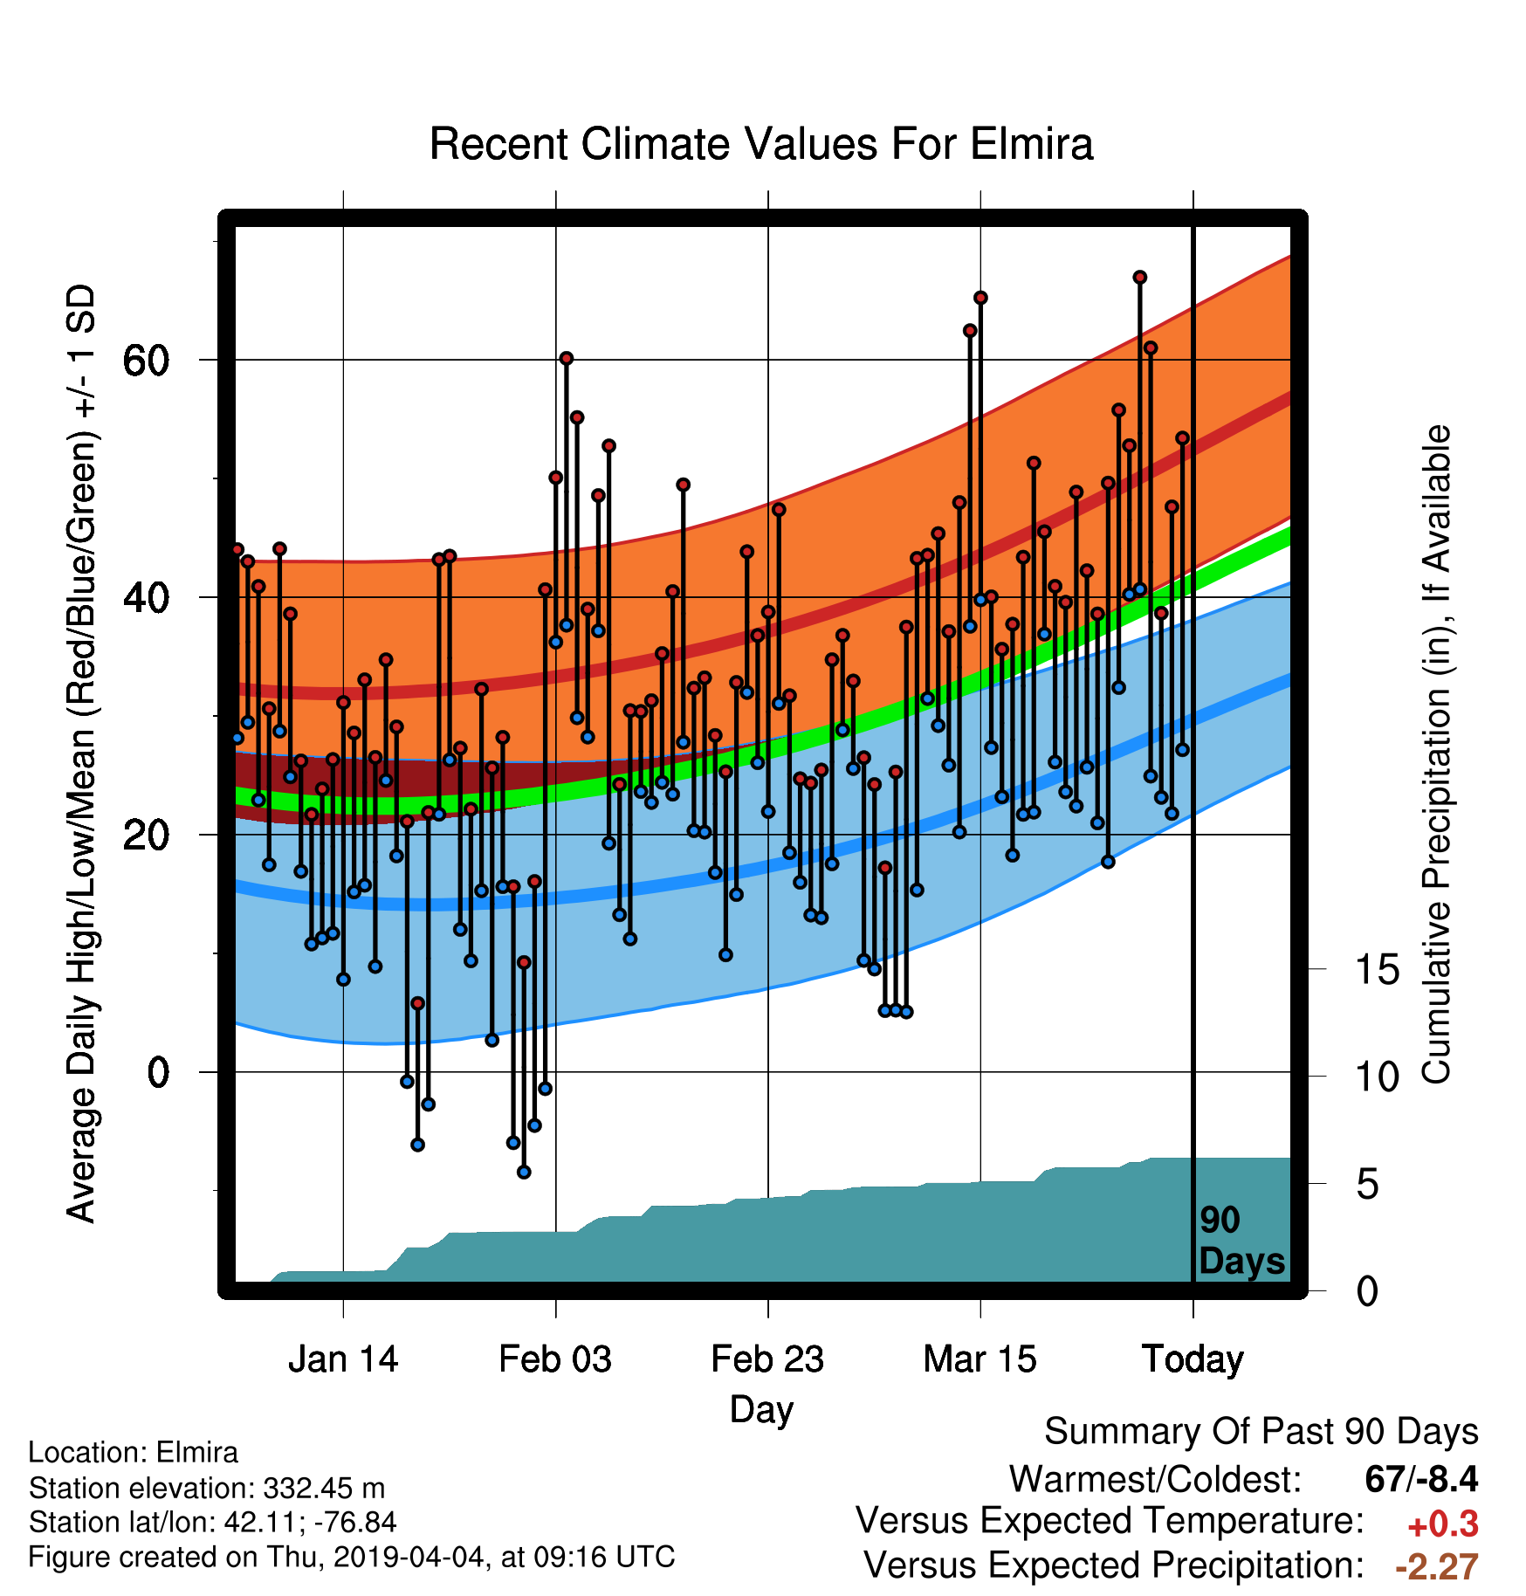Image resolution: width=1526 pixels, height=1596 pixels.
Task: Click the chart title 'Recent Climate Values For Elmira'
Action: pos(761,144)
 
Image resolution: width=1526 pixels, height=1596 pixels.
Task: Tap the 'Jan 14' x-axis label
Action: pos(343,1359)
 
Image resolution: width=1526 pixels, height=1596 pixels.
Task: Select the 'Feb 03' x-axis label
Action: pos(555,1359)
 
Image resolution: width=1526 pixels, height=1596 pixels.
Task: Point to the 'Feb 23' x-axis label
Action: pos(767,1359)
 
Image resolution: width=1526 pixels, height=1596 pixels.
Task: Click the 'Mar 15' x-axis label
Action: pos(980,1359)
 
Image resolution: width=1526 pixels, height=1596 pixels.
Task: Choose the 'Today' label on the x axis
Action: pos(1193,1360)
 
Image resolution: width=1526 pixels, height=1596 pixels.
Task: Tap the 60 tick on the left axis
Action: pos(147,360)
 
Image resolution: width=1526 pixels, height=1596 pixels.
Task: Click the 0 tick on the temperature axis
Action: pos(158,1072)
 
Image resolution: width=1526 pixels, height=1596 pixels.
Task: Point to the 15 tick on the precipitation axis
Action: pos(1378,969)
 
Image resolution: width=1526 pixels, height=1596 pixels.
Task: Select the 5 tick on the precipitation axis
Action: pos(1367,1185)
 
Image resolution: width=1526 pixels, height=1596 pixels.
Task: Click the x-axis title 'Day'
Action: pos(762,1410)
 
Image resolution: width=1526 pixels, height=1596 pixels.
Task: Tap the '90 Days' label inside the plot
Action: pos(1241,1241)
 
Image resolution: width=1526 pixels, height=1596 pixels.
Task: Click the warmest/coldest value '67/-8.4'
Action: pos(1421,1479)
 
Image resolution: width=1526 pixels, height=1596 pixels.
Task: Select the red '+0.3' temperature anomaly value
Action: pos(1443,1524)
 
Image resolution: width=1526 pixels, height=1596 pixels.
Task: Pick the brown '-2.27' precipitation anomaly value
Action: pos(1437,1567)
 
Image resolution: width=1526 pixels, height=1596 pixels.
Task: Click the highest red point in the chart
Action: pos(1139,278)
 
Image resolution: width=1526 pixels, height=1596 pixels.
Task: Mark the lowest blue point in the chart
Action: pos(524,1172)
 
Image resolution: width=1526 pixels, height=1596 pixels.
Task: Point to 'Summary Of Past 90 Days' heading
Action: pos(1261,1432)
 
